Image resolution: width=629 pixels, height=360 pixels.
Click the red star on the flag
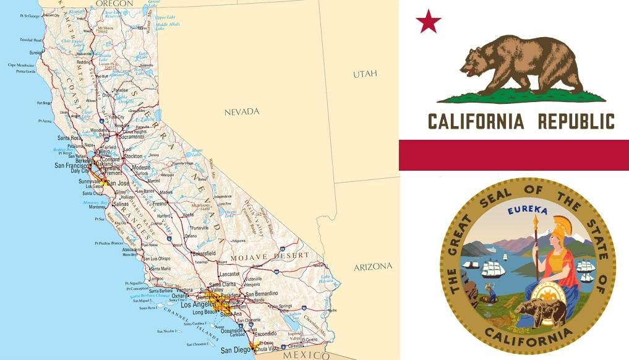(x=428, y=22)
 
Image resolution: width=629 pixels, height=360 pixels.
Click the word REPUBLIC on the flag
(x=576, y=121)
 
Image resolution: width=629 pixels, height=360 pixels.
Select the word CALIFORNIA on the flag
(x=476, y=121)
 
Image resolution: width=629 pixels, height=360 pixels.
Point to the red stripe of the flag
(x=513, y=155)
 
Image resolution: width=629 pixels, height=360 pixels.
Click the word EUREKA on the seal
(x=528, y=211)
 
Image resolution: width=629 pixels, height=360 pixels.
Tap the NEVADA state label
(x=242, y=112)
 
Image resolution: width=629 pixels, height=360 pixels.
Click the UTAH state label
(x=364, y=74)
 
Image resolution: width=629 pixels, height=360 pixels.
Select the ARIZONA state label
(x=373, y=267)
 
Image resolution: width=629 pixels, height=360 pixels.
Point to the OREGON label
(x=114, y=4)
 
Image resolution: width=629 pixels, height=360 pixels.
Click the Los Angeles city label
(x=197, y=305)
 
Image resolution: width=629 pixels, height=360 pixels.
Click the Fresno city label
(x=160, y=204)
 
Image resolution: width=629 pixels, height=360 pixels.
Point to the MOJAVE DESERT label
(x=270, y=255)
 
